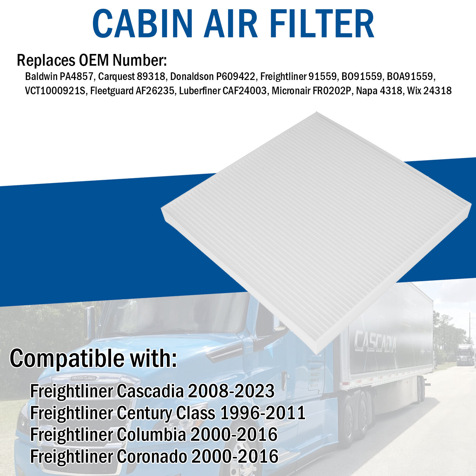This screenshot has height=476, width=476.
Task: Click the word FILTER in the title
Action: [323, 24]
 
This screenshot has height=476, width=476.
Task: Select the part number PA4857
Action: [76, 76]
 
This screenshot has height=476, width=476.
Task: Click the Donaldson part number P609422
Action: [235, 76]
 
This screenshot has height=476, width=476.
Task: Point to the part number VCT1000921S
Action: [55, 91]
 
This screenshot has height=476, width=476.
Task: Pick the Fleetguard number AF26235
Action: [155, 91]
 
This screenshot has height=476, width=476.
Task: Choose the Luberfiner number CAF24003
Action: [244, 91]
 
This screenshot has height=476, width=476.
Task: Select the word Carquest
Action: [116, 76]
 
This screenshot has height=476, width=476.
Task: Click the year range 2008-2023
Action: [231, 391]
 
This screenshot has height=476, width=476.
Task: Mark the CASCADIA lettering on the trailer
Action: [375, 341]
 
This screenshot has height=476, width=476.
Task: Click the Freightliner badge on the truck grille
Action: [83, 378]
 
